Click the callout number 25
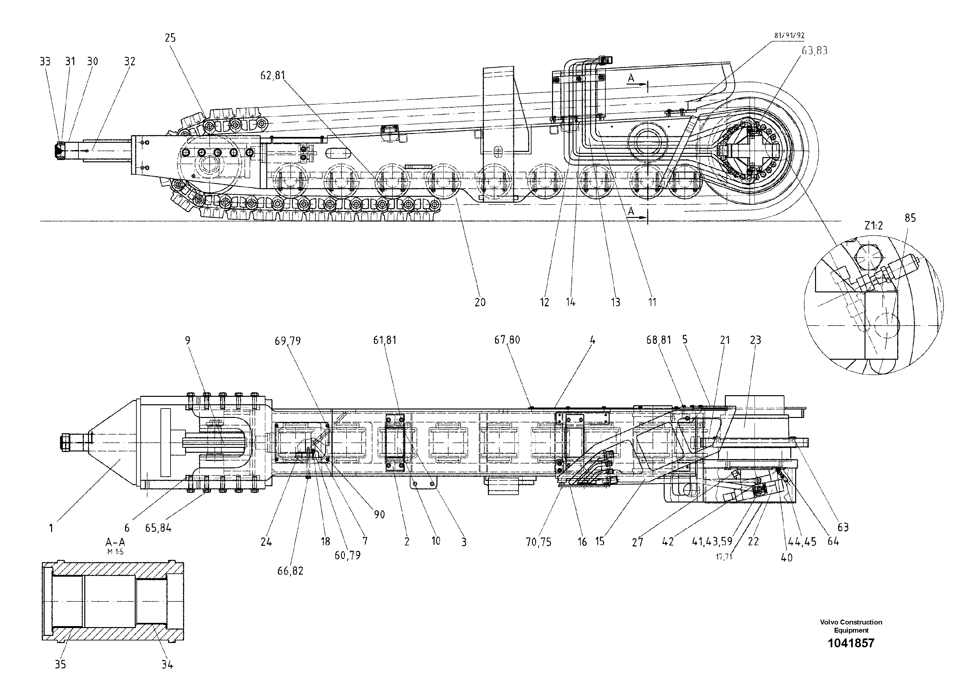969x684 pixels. [x=170, y=38]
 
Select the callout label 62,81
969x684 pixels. [x=273, y=75]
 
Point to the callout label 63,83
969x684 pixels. [x=814, y=51]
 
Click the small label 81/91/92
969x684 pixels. [x=789, y=36]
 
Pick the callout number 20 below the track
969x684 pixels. [x=480, y=302]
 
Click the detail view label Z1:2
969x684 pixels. [x=873, y=226]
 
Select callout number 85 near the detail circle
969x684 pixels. [x=910, y=218]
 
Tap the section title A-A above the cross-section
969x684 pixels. [x=115, y=543]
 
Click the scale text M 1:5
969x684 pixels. [x=115, y=552]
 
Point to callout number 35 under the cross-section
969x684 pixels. [x=60, y=664]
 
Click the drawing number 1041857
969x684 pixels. [x=851, y=643]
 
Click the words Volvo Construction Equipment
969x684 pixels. [x=851, y=626]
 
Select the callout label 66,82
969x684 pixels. [x=290, y=571]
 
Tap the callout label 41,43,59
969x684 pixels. [x=712, y=542]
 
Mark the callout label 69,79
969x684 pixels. [x=287, y=341]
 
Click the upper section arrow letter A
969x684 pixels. [x=631, y=78]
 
